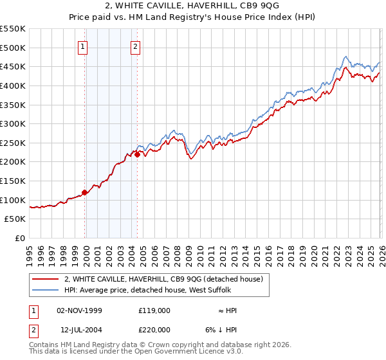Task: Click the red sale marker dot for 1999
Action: [85, 192]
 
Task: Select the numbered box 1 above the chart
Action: [84, 46]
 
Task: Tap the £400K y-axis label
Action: [13, 85]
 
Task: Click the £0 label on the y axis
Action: [19, 238]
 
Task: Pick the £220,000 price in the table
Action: [154, 330]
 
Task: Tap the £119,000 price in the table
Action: [154, 309]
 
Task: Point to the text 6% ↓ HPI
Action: [223, 330]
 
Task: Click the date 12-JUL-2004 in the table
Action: [79, 330]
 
